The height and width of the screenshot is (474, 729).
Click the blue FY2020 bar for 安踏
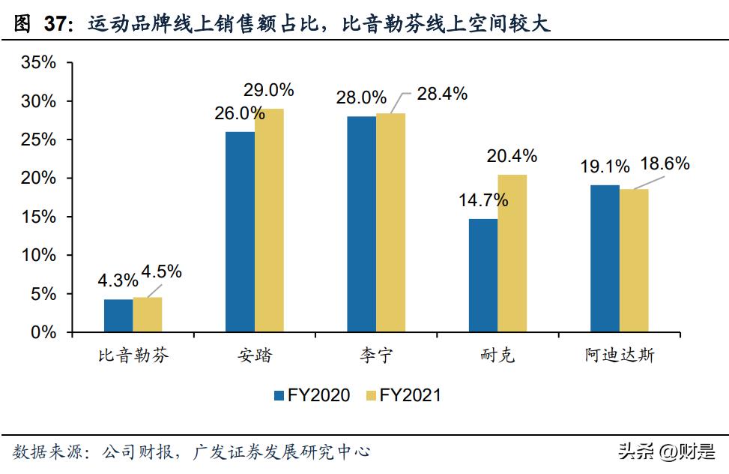[240, 232]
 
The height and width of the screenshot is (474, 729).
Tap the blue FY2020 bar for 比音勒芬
[118, 316]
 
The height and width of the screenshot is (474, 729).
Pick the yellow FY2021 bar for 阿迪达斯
[633, 260]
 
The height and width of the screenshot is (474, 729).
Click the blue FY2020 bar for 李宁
[361, 224]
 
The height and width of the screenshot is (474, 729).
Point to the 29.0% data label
[268, 90]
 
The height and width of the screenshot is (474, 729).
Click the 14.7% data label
[483, 200]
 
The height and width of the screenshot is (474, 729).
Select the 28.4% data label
[442, 94]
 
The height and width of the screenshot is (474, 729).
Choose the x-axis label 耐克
[497, 355]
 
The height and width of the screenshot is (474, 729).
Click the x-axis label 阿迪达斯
[619, 355]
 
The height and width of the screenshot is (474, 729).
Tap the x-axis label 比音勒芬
[133, 355]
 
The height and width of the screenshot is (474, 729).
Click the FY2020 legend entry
[310, 395]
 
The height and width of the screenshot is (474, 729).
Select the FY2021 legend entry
[402, 395]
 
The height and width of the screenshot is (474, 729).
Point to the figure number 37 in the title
[55, 25]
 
